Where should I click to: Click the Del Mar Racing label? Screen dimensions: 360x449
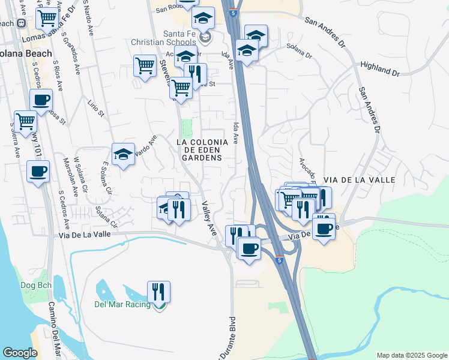122,304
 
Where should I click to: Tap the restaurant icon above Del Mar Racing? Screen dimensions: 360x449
158,292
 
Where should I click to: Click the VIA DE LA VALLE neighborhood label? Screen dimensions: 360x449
359,179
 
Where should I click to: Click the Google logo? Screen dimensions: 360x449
20,353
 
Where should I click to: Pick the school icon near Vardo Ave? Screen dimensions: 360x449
124,155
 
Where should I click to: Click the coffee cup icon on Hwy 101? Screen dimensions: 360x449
38,172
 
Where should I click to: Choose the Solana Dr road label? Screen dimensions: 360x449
299,50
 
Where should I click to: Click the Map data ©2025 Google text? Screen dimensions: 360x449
411,355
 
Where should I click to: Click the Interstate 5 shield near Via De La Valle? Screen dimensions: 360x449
280,260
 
